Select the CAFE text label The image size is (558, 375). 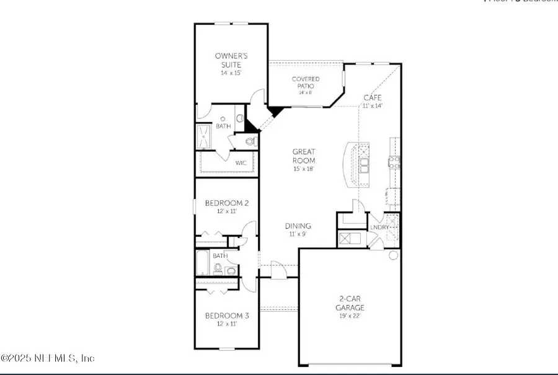click(372, 98)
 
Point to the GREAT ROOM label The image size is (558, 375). click(304, 156)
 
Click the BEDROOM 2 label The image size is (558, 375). click(227, 203)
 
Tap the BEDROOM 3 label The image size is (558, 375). click(227, 315)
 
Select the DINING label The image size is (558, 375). click(298, 226)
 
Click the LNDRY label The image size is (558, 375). click(380, 227)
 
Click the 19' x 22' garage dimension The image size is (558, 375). click(350, 316)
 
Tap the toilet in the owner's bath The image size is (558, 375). click(250, 142)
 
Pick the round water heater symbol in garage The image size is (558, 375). click(393, 255)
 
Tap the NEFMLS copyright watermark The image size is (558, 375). click(48, 358)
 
